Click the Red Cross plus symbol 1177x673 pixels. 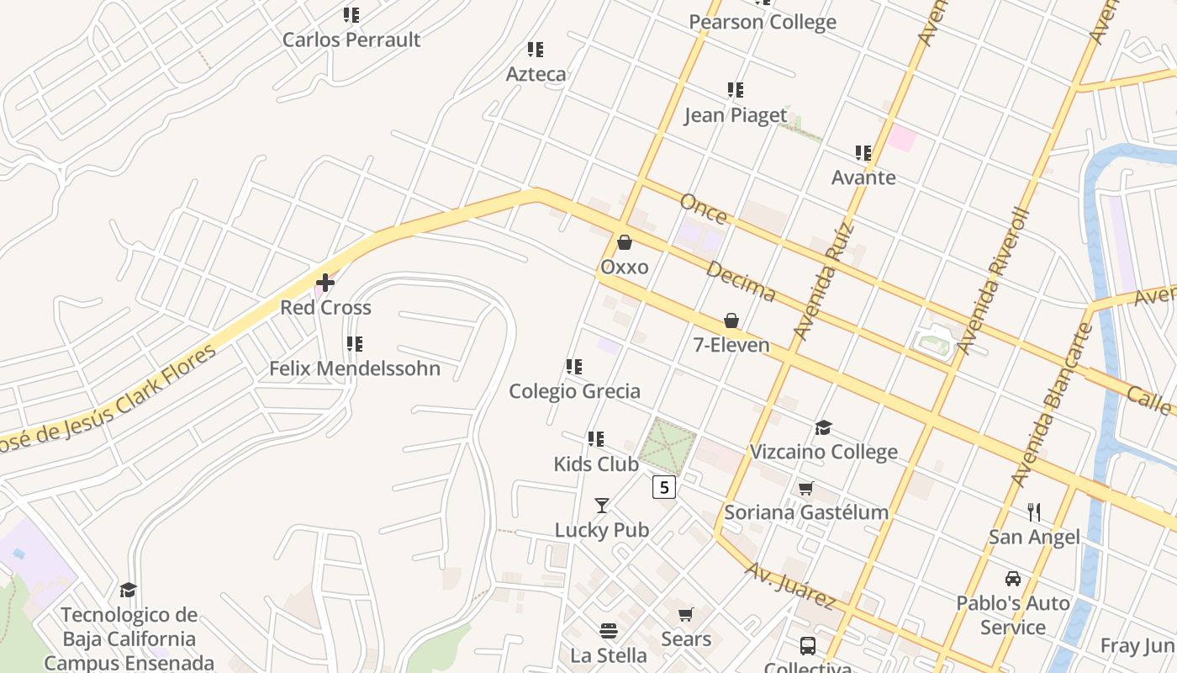pos(325,283)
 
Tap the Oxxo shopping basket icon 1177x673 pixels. pos(625,242)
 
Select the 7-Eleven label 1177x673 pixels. pos(731,345)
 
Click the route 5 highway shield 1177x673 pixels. pos(664,486)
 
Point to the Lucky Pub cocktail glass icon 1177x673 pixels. pos(602,505)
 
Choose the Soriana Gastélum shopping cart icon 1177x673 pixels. pos(805,488)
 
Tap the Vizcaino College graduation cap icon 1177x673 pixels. pos(823,428)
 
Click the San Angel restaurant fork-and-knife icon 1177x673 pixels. pos(1034,511)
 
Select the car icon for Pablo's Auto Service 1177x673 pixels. pos(1013,579)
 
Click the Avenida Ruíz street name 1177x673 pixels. pos(824,280)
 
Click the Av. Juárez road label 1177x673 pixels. pos(790,586)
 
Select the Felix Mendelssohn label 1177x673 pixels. pos(354,368)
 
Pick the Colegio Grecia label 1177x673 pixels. pos(574,391)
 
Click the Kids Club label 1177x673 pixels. pos(596,464)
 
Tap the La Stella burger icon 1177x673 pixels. pos(609,630)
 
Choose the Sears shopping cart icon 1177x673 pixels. pos(686,615)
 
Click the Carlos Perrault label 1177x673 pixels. pos(351,40)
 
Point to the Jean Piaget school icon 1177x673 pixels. pos(736,90)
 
